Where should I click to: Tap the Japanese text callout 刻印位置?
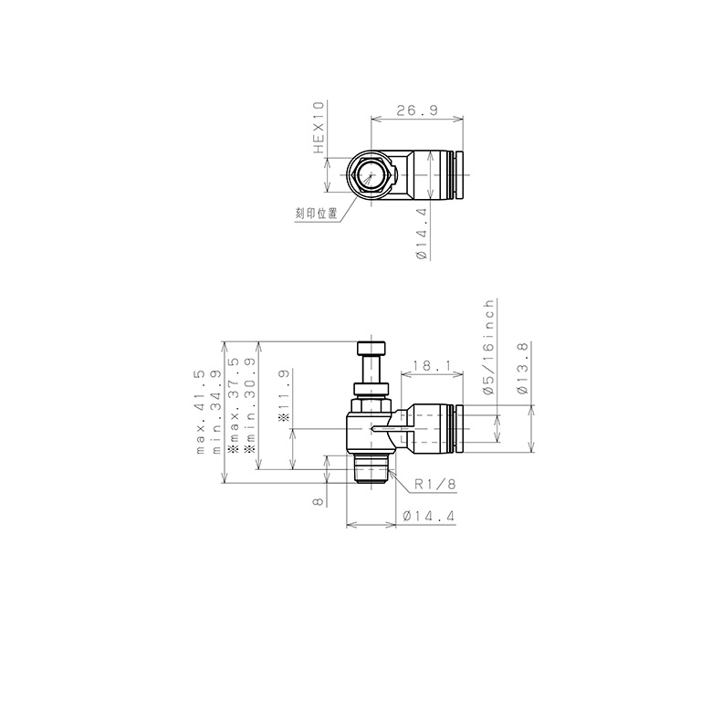click(x=317, y=213)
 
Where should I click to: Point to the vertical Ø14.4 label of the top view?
click(x=422, y=234)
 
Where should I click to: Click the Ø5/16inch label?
click(x=488, y=348)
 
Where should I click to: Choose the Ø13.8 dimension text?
click(x=522, y=368)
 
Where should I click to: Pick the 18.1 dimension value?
click(x=427, y=365)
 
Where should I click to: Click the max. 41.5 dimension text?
click(x=200, y=413)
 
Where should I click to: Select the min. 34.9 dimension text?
click(x=216, y=413)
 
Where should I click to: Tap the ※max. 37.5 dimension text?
click(x=234, y=406)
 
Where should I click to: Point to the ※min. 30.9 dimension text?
click(x=250, y=406)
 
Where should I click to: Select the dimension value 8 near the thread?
click(x=317, y=500)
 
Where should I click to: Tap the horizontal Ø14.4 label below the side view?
click(x=429, y=517)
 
